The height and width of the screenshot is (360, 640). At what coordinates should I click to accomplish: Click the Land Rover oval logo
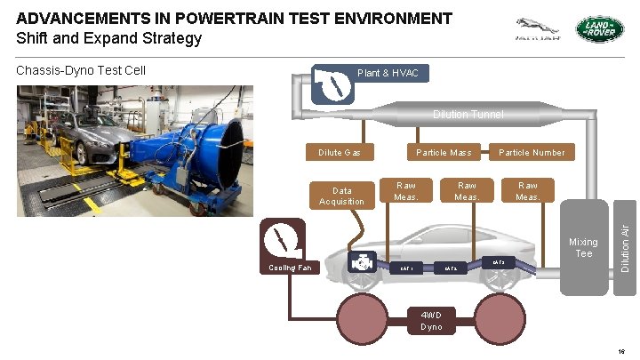coord(600,29)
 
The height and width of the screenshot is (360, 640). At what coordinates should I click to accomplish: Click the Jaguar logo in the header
coord(538,29)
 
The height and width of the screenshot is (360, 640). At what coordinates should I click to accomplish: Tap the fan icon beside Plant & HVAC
coord(331,86)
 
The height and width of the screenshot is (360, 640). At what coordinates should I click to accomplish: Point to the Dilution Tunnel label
coord(468,115)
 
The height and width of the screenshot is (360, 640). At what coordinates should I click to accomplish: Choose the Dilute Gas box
coord(340,152)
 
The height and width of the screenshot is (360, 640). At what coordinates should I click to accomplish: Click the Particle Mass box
coord(444,152)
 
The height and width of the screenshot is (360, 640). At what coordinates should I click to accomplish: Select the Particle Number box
coord(531,152)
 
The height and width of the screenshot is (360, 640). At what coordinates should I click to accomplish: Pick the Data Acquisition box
coord(341,196)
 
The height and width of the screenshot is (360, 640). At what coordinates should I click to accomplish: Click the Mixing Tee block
coord(583,248)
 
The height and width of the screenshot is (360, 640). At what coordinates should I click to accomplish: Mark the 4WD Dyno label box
coord(431,320)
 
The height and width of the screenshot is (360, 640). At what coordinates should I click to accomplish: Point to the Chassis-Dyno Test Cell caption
coord(81,70)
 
